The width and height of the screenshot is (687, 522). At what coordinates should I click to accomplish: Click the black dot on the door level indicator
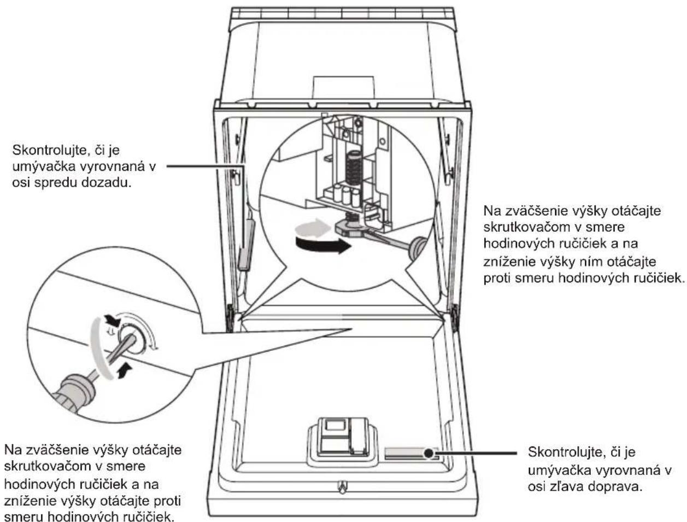(429, 453)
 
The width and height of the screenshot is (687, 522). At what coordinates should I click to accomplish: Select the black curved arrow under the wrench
(323, 245)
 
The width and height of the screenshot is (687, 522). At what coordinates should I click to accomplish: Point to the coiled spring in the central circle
(354, 168)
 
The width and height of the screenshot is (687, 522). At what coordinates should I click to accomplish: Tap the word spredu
(55, 183)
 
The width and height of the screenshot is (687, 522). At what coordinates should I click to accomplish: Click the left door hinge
(231, 318)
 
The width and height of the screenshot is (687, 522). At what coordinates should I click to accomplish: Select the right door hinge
(455, 318)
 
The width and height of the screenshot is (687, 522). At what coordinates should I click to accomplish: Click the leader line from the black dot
(475, 453)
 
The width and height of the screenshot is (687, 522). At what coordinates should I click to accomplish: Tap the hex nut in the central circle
(348, 227)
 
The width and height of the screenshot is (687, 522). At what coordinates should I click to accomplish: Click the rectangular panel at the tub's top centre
(344, 88)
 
